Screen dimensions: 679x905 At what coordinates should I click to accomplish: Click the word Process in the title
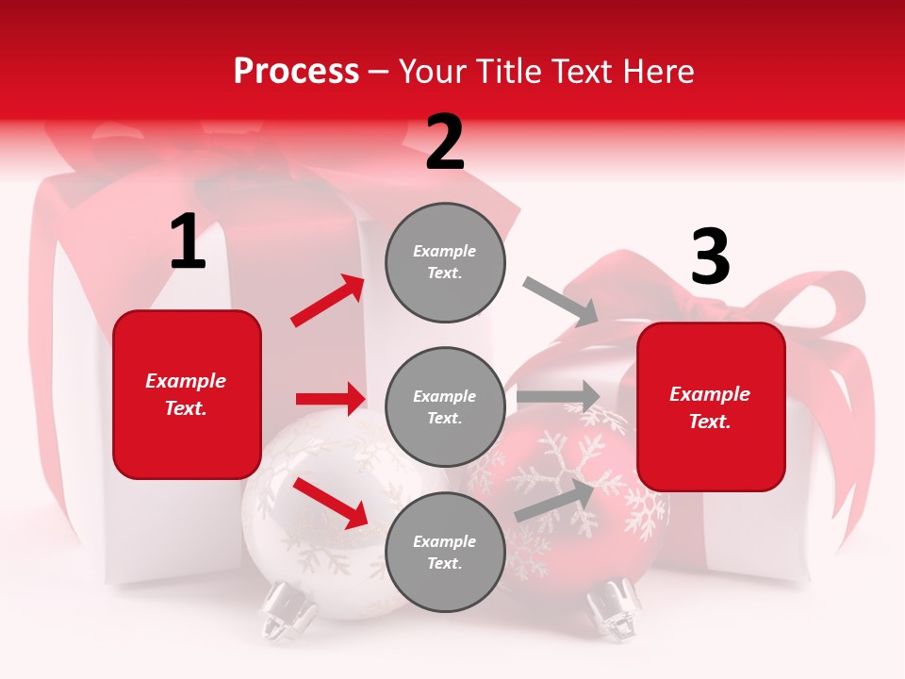tap(296, 71)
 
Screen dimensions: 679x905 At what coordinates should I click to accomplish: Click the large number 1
tap(188, 242)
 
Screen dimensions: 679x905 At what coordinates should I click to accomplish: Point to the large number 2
tap(445, 142)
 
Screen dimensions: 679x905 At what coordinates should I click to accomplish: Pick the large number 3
tap(710, 257)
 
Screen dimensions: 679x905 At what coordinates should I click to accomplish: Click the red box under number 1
tap(187, 394)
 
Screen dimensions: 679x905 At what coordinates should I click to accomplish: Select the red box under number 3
tap(711, 406)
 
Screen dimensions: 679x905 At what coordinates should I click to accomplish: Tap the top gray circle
tap(445, 262)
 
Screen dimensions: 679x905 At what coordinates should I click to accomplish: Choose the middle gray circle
tap(445, 406)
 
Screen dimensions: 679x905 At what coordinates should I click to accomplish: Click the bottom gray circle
tap(445, 552)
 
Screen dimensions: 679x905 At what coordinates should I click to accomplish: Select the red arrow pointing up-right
tap(328, 301)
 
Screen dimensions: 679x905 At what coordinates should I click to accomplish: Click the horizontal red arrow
tap(330, 399)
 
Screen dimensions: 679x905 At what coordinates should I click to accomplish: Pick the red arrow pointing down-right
tap(330, 502)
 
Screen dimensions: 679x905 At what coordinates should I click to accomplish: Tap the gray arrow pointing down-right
tap(561, 301)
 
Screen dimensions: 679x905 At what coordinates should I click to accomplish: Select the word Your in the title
tap(430, 71)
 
